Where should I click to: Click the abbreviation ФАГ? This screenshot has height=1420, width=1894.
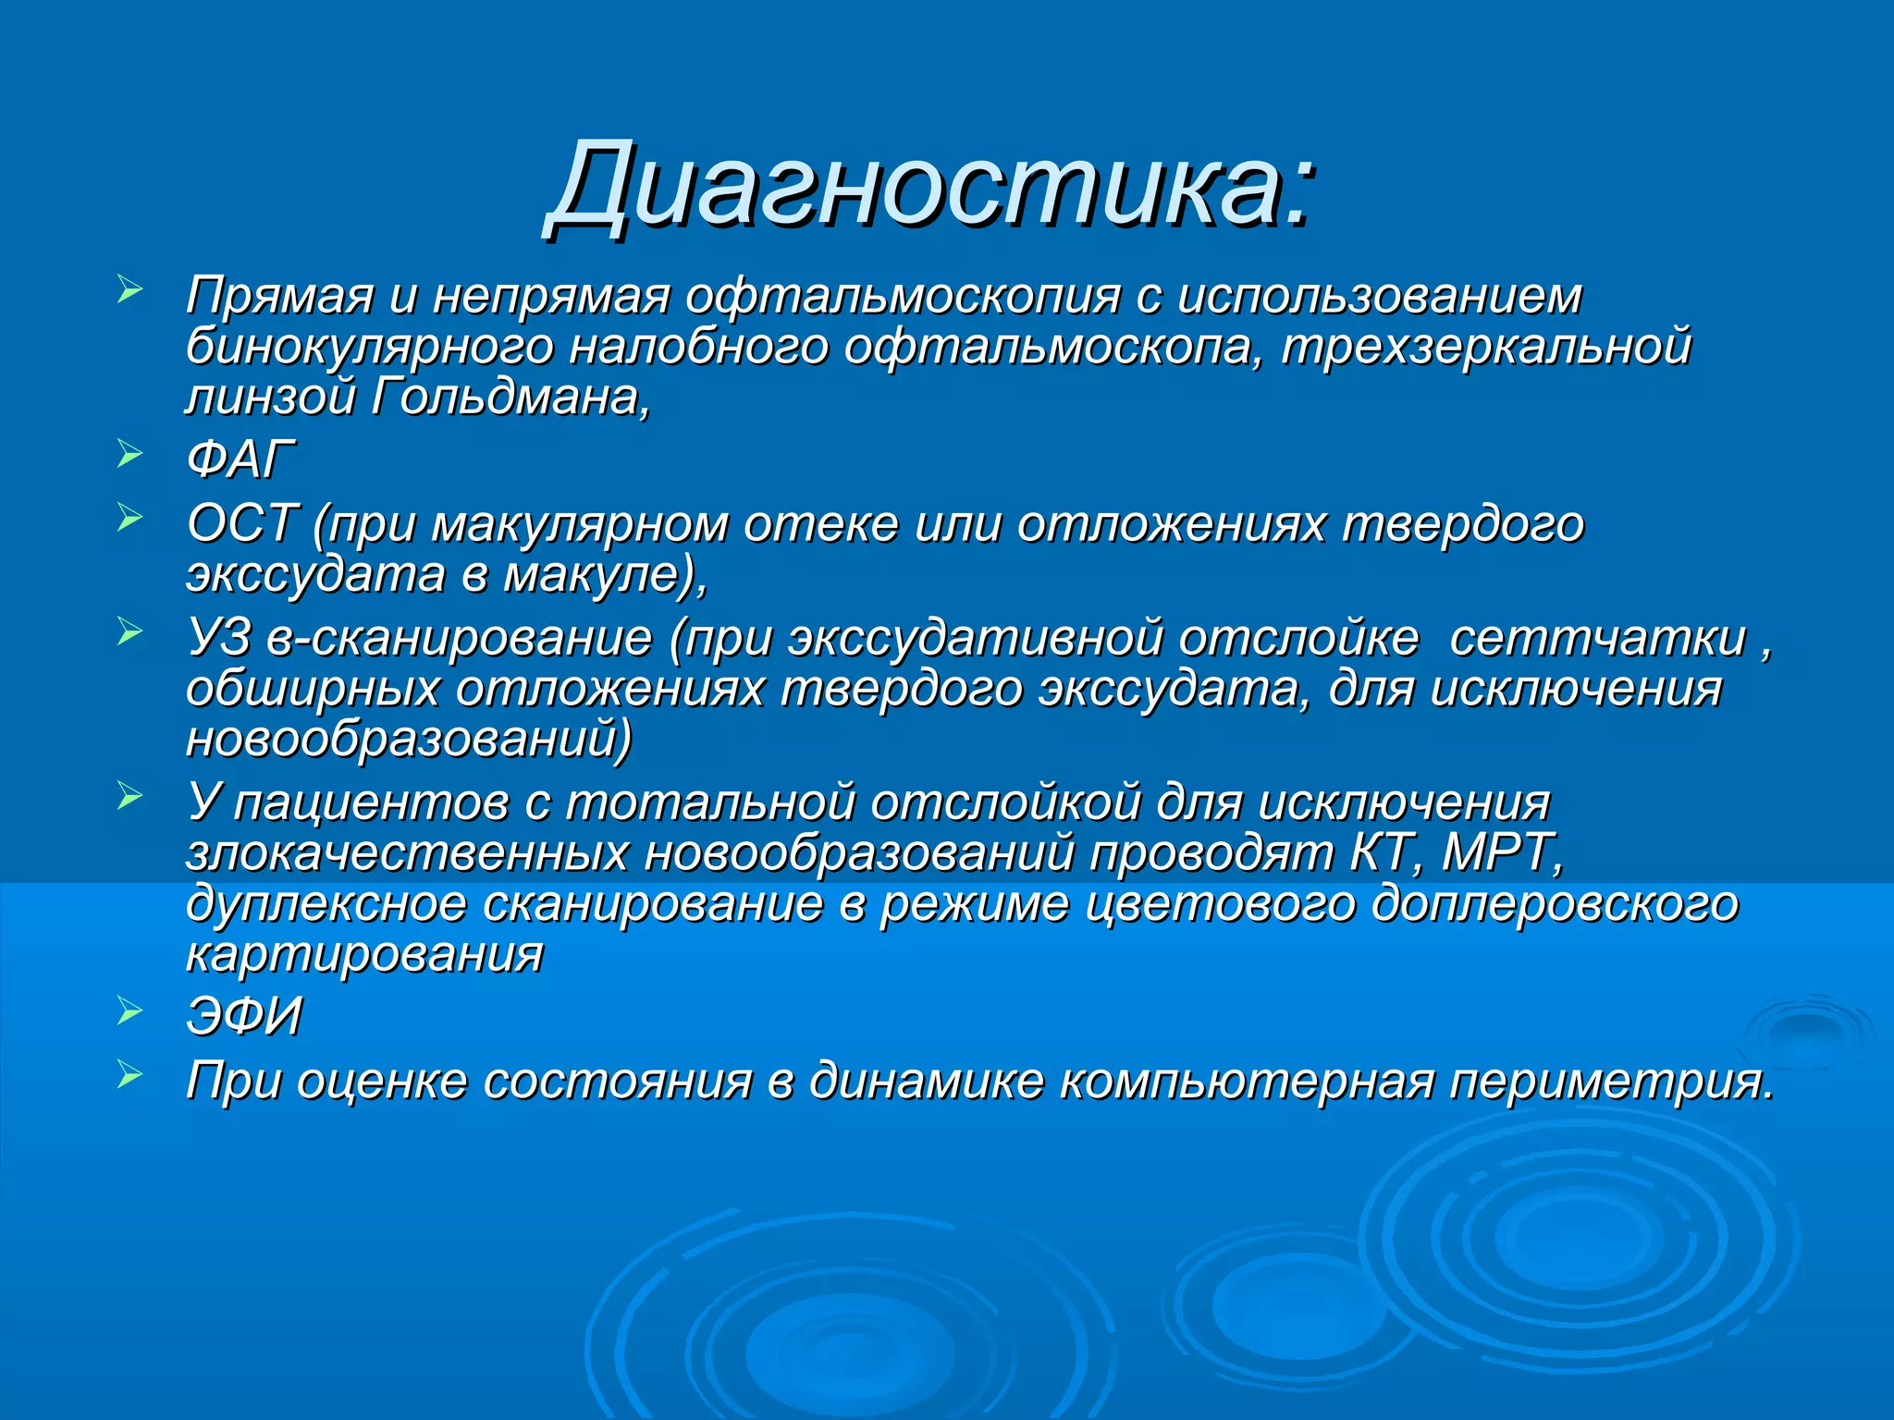click(x=240, y=459)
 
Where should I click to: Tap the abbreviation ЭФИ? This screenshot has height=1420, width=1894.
click(x=244, y=1016)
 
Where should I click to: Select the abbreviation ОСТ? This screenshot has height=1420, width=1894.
click(x=242, y=523)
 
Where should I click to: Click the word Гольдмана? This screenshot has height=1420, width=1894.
click(x=510, y=398)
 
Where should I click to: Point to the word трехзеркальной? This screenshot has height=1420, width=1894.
click(x=1486, y=347)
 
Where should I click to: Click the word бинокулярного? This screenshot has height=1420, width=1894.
click(x=369, y=347)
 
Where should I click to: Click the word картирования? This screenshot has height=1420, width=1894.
click(x=364, y=954)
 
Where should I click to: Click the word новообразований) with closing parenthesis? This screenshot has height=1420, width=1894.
click(x=409, y=740)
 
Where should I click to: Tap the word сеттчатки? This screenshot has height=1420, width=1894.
click(x=1597, y=638)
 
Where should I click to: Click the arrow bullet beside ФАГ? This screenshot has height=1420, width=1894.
click(x=129, y=454)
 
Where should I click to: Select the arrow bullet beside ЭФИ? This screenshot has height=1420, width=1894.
click(x=129, y=1011)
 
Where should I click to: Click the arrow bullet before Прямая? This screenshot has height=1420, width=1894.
click(x=129, y=290)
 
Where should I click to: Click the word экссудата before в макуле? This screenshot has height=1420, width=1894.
click(x=315, y=575)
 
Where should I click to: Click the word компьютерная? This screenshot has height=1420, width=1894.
click(x=1246, y=1080)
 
